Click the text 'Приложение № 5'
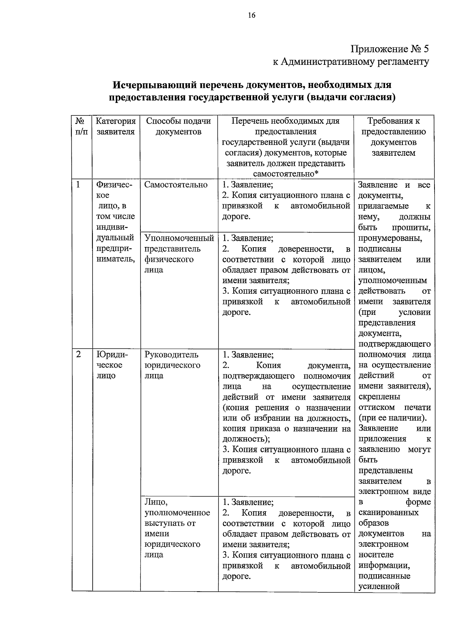point(390,49)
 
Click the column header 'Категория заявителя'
point(116,126)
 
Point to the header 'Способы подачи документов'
point(179,126)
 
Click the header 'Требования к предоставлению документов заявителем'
point(394,137)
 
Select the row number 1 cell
point(79,184)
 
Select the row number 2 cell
point(79,354)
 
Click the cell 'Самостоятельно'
point(176,185)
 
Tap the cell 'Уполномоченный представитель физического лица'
point(179,254)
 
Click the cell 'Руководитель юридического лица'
point(172,365)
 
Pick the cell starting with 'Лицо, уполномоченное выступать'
point(177,528)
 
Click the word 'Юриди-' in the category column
point(112,354)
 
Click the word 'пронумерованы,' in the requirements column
point(390,238)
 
